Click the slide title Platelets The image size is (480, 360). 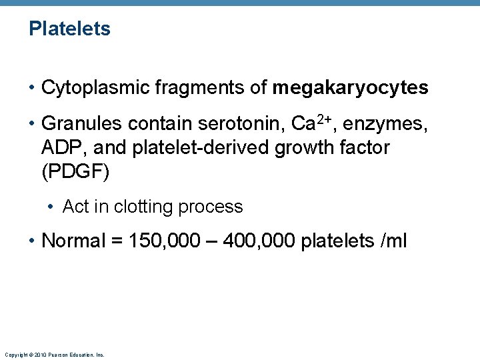[69, 29]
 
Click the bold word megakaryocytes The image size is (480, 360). [350, 87]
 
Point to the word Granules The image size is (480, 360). [81, 123]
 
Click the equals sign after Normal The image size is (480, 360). [115, 241]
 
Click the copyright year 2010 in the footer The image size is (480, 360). [40, 355]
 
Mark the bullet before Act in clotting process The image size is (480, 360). [51, 207]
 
